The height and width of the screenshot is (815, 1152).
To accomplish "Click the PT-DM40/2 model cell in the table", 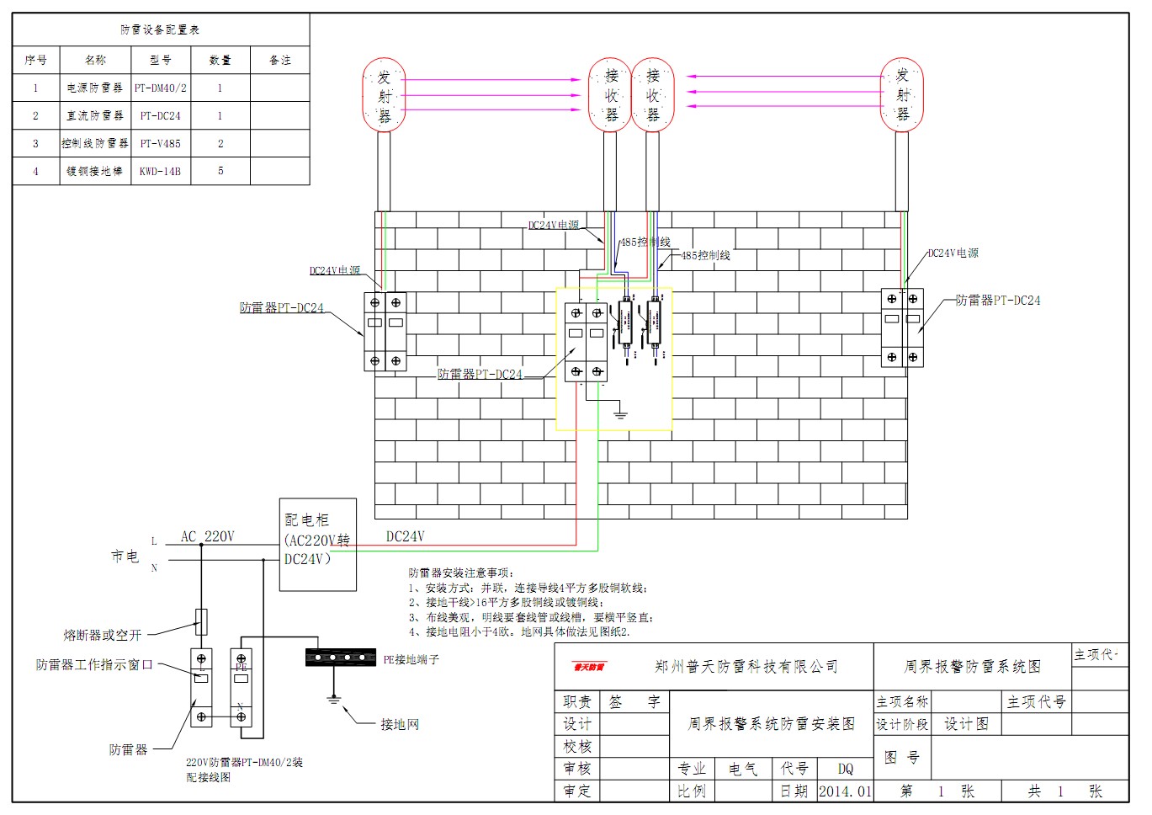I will tap(161, 88).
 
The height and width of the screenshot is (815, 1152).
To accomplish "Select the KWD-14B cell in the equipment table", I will tap(161, 171).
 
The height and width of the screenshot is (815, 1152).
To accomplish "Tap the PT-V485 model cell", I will tap(161, 143).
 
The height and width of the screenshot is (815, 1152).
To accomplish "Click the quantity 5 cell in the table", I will tap(220, 171).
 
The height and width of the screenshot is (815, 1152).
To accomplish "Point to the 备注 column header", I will tap(279, 61).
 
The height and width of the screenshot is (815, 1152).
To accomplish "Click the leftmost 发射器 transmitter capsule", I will tap(384, 95).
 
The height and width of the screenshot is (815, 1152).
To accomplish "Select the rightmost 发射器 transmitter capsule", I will tap(902, 95).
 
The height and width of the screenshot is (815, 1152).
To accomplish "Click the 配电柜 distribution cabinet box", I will tap(317, 544).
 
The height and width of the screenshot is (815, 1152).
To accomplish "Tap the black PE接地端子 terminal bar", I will tap(340, 658).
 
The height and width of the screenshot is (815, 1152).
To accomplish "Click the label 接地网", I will tap(399, 724).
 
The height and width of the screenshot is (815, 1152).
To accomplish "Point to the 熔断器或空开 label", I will tap(103, 635).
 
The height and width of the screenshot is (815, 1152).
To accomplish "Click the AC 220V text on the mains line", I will tap(208, 536).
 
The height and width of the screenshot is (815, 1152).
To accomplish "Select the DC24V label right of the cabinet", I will tap(405, 536).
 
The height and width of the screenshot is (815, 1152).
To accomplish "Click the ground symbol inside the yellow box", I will tap(620, 413).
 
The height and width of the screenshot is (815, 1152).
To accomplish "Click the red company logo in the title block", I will tap(589, 667).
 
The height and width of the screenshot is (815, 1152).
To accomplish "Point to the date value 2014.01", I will tap(845, 791).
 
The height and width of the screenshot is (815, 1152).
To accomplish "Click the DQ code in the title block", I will tap(845, 769).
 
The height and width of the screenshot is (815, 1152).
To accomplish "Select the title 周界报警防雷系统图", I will tap(972, 667).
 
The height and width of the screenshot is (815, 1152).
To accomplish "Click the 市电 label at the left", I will tap(125, 557).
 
